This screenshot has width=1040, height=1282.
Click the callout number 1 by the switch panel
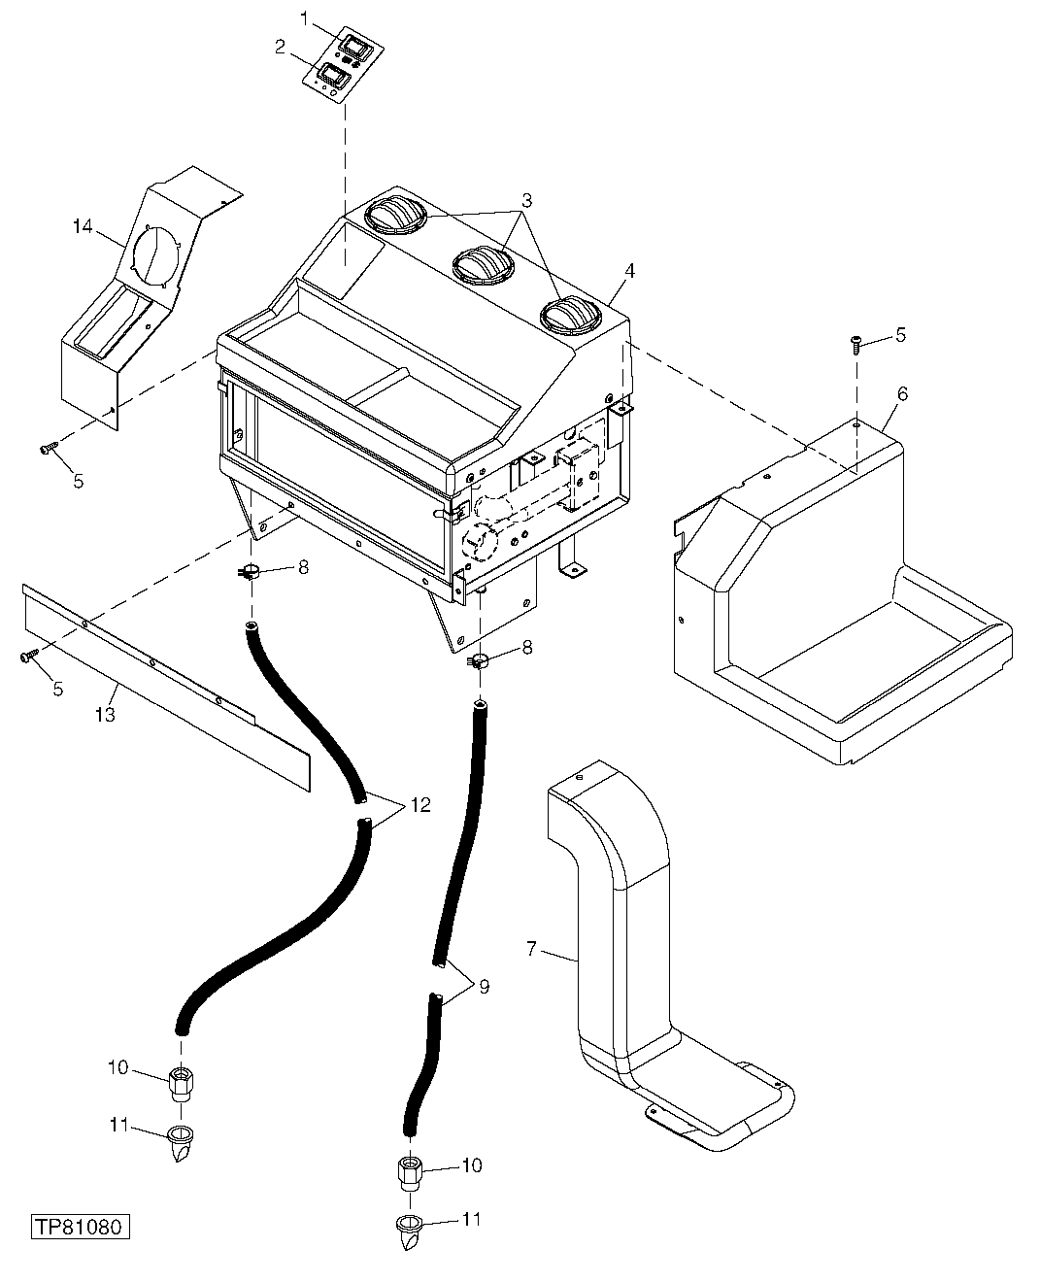pyautogui.click(x=305, y=18)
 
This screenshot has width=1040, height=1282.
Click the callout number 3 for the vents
pyautogui.click(x=525, y=201)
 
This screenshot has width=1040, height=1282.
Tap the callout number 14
pyautogui.click(x=84, y=226)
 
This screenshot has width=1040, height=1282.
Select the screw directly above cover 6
pyautogui.click(x=856, y=341)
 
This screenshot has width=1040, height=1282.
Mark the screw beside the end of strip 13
pyautogui.click(x=27, y=658)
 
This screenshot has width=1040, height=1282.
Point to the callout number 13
pyautogui.click(x=105, y=715)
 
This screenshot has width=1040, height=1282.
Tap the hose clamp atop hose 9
pyautogui.click(x=477, y=662)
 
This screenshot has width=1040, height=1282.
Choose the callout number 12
pyautogui.click(x=419, y=804)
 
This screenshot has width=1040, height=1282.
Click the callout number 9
pyautogui.click(x=484, y=987)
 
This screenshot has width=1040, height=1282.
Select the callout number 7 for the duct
pyautogui.click(x=531, y=948)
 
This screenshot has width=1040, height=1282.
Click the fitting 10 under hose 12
pyautogui.click(x=180, y=1082)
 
